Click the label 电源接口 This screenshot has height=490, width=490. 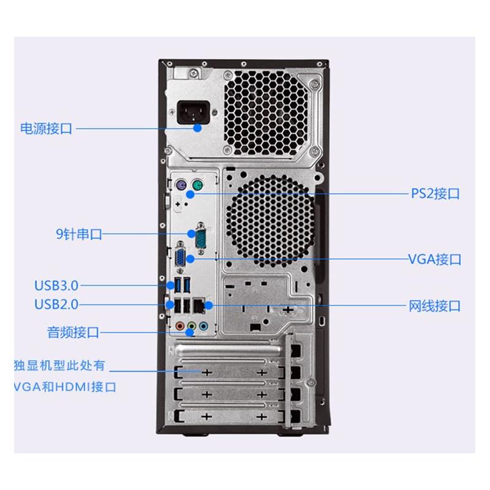coord(46,129)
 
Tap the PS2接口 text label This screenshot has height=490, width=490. coord(434,194)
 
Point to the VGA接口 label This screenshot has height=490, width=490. coord(434,259)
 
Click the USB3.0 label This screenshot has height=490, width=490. coord(56,285)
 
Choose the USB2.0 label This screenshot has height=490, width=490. coord(56,303)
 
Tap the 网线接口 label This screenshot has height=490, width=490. coord(434,306)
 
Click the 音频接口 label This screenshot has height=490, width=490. coord(73,333)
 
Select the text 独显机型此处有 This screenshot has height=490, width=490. coord(59,366)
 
